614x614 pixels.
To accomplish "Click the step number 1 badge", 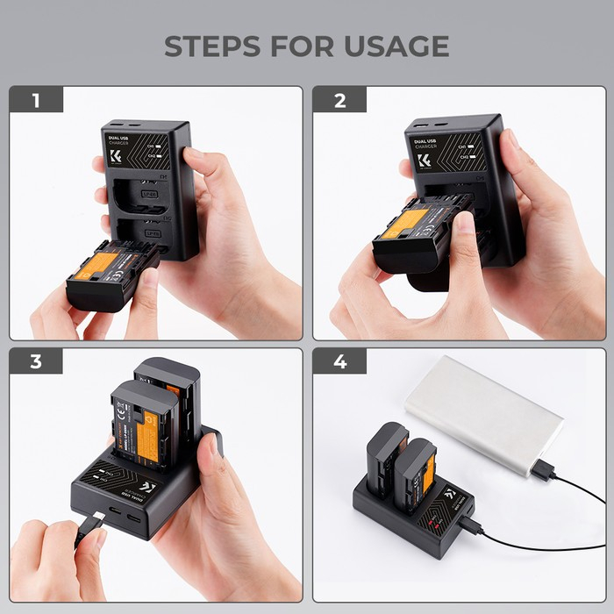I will tap(36, 99).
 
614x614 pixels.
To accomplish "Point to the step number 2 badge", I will tap(339, 99).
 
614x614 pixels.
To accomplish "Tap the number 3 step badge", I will tap(36, 362).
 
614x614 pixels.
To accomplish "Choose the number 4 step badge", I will tap(339, 362).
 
